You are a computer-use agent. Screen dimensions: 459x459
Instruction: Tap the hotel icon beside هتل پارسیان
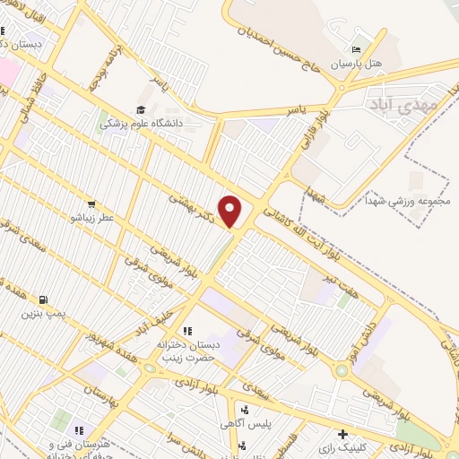pos(356,49)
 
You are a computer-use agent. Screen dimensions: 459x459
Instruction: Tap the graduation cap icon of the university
pos(140,109)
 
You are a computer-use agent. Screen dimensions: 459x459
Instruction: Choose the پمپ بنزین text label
pos(44,316)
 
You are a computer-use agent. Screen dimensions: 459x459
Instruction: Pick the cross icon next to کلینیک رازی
pos(341,435)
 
